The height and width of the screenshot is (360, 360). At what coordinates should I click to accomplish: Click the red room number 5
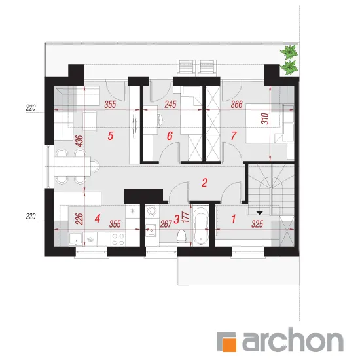pos(111,136)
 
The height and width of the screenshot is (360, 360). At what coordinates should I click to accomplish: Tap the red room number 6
pos(170,136)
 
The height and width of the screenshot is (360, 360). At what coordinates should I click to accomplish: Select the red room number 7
pos(234,135)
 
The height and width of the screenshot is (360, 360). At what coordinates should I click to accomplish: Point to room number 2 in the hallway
pos(204,183)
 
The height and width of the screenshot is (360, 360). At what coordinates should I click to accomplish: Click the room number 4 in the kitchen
pos(98,219)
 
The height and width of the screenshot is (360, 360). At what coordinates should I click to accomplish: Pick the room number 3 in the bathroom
pos(176,219)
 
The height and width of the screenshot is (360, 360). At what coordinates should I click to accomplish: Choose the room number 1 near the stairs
pos(234,219)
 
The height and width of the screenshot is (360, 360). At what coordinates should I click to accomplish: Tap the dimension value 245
pos(170,105)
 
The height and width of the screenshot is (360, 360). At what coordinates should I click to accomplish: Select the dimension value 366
pos(236,105)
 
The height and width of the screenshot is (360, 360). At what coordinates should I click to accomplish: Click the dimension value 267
pos(166,224)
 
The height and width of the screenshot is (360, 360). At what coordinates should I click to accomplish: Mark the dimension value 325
pos(257,224)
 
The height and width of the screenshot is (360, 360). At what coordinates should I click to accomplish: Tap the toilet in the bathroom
pos(181,236)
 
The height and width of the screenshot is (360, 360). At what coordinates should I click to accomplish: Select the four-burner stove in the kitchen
pos(118,239)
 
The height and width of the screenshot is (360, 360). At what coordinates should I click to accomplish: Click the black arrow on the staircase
pos(259,213)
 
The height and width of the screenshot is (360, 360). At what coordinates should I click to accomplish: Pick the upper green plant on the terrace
pos(290,52)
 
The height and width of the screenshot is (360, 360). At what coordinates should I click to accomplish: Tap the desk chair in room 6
pos(160,120)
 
